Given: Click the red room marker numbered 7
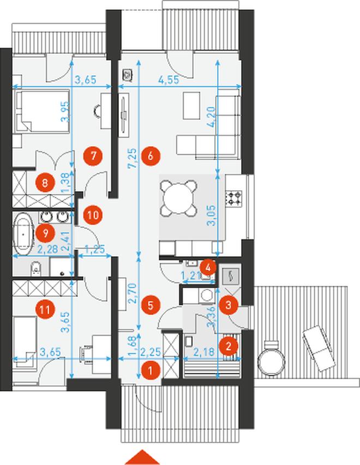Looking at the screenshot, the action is point(93,156).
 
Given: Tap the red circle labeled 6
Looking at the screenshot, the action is point(151,156).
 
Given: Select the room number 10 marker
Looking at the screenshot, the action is point(93,215).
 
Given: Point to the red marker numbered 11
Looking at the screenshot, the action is point(45,310).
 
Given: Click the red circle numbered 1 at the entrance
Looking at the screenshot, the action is point(151,370).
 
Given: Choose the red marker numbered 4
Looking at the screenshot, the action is point(208,268).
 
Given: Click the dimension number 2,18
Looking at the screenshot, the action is point(203,352).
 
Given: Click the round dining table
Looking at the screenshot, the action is point(178,198).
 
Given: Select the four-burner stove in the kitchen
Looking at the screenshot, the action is point(234,198).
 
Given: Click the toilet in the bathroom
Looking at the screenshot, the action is point(35,268).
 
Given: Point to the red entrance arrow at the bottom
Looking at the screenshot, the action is point(142,457).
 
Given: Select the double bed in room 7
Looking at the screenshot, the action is point(43,111).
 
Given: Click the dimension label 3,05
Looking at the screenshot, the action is point(213,215).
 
